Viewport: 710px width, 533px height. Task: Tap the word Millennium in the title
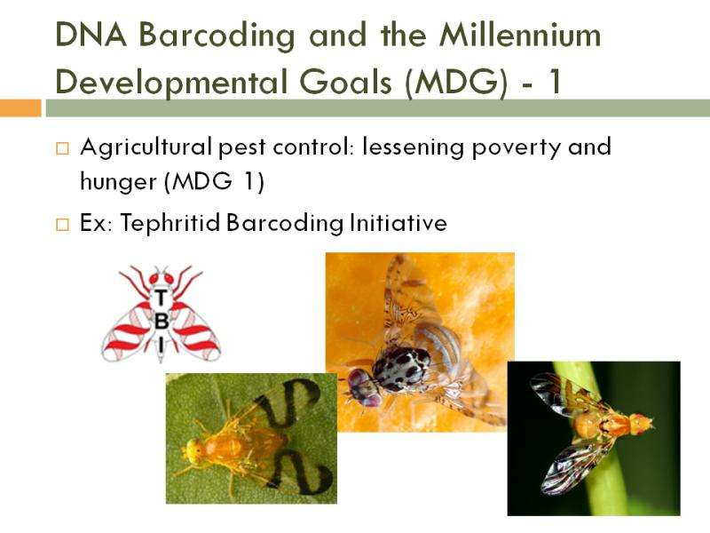click(520, 35)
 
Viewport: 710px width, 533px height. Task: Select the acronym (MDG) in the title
click(456, 82)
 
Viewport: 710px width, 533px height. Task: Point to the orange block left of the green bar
click(20, 108)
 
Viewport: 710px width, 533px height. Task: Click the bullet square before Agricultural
click(63, 148)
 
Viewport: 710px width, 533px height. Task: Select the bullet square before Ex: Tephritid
click(63, 225)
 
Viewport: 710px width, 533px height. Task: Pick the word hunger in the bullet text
click(119, 182)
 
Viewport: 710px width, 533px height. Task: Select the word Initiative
click(398, 223)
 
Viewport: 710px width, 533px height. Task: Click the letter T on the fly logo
click(161, 298)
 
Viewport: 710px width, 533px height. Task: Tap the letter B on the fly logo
click(162, 321)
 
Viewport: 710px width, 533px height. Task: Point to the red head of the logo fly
click(161, 276)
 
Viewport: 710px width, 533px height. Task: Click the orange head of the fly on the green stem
click(642, 423)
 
